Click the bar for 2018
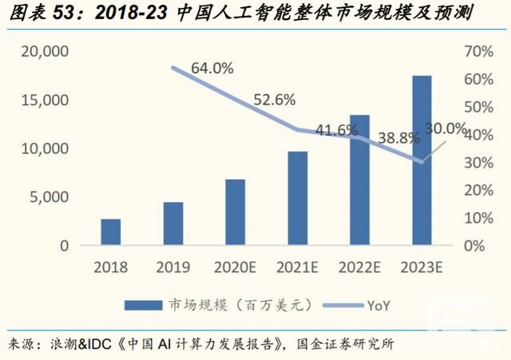111,231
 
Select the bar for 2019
173,224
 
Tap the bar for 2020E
236,212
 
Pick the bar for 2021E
298,198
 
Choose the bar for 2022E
359,180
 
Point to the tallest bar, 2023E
422,160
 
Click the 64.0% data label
212,69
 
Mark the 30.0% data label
445,128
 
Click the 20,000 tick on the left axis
46,52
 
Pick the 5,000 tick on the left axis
50,197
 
